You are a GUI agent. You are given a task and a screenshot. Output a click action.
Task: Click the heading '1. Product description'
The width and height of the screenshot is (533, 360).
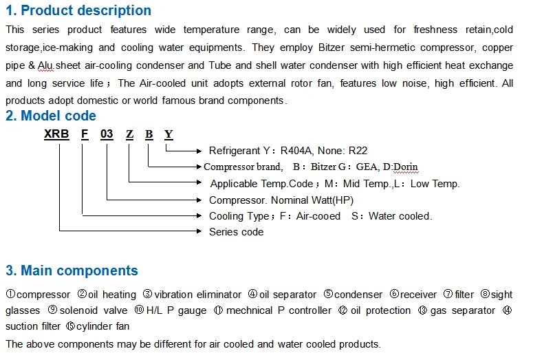click(x=78, y=10)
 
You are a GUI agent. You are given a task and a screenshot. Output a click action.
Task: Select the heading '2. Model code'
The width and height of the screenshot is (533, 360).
click(x=51, y=116)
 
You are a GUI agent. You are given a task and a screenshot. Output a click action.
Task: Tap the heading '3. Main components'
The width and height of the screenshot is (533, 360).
click(x=72, y=271)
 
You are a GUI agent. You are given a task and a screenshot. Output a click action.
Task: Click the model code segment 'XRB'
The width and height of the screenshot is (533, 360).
click(x=56, y=134)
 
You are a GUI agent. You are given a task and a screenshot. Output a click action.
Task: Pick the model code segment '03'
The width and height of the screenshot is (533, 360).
click(x=107, y=134)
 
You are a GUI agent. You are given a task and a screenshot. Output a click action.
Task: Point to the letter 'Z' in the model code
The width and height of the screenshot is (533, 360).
click(x=129, y=134)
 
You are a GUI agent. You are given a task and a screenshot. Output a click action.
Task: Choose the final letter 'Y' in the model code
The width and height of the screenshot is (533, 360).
click(x=168, y=134)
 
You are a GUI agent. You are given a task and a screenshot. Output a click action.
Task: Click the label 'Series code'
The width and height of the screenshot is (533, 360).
click(x=236, y=232)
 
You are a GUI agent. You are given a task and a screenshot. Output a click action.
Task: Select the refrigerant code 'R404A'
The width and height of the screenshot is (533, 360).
click(x=296, y=150)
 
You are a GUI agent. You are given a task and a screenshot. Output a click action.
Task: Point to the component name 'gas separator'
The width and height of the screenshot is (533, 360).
click(x=462, y=310)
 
